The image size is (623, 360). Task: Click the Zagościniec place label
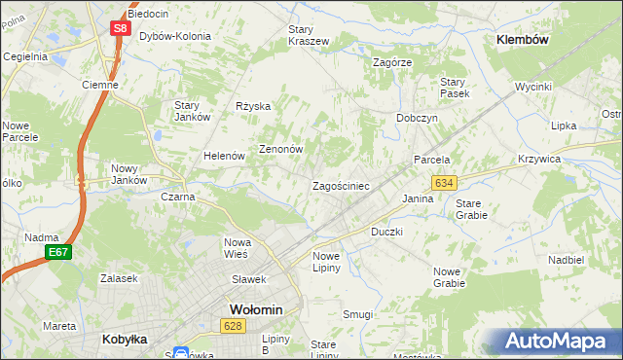[340, 185]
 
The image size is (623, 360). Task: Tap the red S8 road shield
[119, 28]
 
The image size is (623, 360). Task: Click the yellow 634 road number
[445, 183]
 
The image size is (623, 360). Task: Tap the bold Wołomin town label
[255, 309]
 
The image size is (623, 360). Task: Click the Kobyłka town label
[125, 340]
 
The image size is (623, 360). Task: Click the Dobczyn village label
[417, 118]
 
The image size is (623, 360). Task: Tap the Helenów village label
[223, 156]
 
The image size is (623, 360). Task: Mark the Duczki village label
[386, 233]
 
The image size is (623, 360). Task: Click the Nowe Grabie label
[449, 277]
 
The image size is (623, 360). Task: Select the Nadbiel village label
[566, 260]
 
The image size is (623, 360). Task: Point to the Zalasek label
[117, 277]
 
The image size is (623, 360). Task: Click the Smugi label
[357, 314]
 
